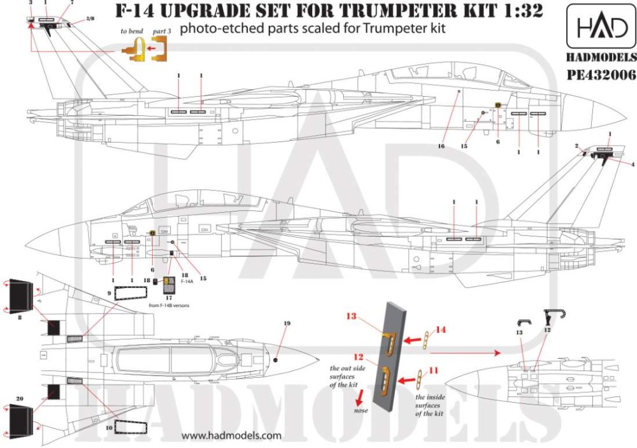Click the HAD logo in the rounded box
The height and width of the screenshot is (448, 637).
point(599,28)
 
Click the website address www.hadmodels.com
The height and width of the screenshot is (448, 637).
point(231,436)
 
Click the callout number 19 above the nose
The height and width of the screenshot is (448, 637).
point(286,324)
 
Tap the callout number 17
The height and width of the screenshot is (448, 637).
point(168,296)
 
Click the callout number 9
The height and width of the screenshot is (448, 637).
point(109,294)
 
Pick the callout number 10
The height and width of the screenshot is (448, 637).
point(109,423)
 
